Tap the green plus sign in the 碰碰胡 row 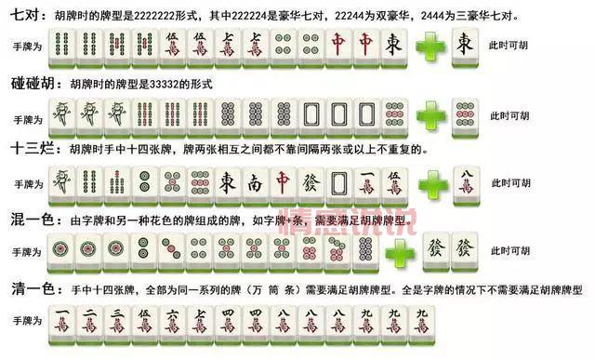coord(430,115)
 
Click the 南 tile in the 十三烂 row coord(255,182)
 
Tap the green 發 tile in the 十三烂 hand coord(311,182)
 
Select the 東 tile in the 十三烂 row coord(227,182)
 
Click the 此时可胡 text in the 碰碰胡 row coord(510,115)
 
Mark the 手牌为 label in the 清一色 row coord(28,320)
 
